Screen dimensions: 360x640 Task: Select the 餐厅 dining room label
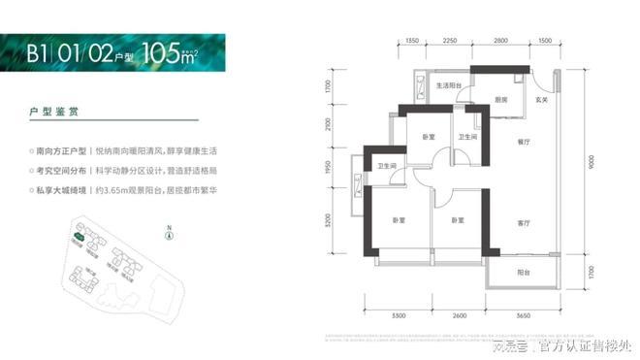524,140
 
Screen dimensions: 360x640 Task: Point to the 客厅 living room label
524,223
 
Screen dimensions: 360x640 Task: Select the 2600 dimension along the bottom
460,316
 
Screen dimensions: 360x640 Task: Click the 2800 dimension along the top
500,41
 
